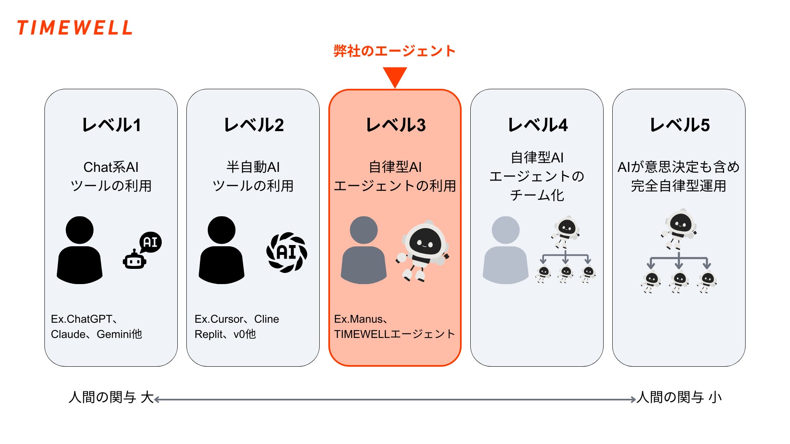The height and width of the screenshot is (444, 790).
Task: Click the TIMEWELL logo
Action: [x=74, y=28]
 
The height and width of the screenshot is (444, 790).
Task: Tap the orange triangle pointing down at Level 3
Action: [x=395, y=76]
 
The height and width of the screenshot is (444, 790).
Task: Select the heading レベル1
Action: [x=111, y=125]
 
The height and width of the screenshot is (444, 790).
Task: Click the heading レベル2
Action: [x=253, y=125]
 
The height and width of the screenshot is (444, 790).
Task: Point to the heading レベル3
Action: [x=395, y=125]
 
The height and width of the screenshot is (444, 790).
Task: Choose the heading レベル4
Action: [x=537, y=125]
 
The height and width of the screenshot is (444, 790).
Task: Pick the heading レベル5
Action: [x=679, y=125]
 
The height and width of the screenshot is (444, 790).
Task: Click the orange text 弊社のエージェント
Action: [x=394, y=51]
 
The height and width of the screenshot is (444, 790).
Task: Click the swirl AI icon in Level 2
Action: [x=287, y=252]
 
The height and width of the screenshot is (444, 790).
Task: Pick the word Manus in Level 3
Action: [x=367, y=319]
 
